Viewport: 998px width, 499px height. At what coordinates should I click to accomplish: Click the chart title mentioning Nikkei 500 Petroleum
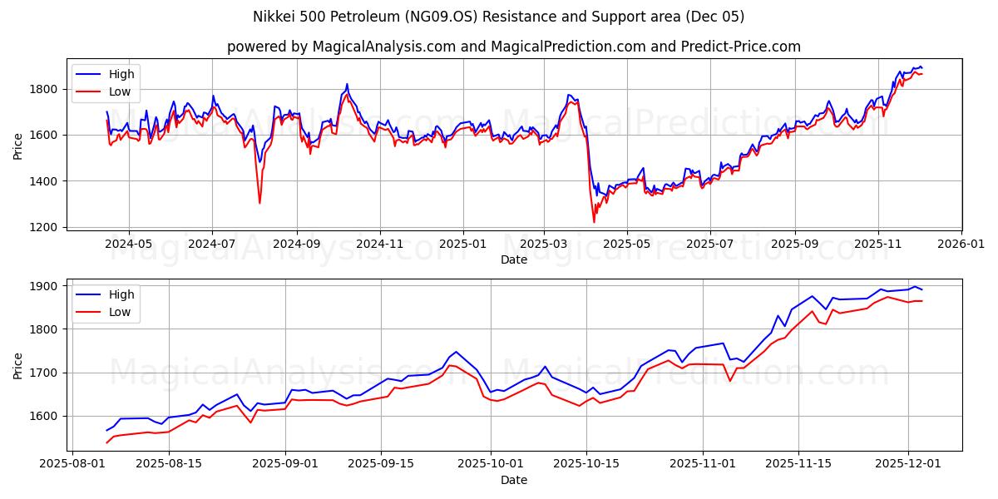point(498,17)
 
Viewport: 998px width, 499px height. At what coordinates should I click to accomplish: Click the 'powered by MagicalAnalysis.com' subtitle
point(513,47)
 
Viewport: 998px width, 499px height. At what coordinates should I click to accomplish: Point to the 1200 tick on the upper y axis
point(47,227)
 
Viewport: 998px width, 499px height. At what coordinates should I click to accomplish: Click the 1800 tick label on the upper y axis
point(47,89)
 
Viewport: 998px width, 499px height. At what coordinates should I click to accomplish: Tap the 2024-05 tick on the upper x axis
point(129,244)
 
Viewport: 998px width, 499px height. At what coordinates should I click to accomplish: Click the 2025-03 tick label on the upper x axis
point(544,244)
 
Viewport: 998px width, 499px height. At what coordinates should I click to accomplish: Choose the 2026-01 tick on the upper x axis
point(961,244)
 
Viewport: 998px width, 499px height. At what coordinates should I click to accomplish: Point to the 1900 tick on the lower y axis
point(47,286)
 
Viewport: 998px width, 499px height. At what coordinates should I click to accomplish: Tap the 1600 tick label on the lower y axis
point(47,416)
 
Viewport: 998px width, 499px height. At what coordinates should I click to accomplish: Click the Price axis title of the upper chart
point(18,146)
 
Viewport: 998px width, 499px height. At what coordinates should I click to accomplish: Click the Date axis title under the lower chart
point(513,480)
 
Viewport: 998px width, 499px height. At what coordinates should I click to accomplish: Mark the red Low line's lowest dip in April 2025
point(594,222)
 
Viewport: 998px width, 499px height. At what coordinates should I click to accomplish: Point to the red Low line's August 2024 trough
point(259,203)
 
